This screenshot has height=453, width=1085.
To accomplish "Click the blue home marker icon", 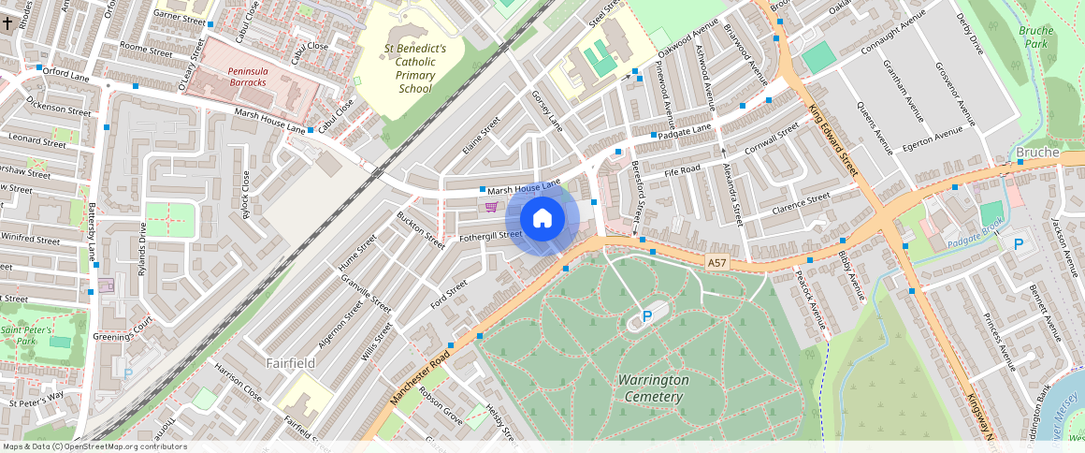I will click(x=542, y=218).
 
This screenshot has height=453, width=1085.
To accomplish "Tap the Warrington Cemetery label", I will click(x=654, y=388).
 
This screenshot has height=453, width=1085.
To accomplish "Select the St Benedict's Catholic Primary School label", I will click(x=415, y=68).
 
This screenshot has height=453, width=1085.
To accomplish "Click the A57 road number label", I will click(x=717, y=263).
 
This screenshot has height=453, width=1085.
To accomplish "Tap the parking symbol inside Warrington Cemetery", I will click(x=646, y=317).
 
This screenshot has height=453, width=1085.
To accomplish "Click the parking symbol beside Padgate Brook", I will click(x=1019, y=244).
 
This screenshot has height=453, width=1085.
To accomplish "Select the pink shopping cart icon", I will click(x=491, y=206).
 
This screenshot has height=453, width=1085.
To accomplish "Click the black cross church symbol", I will click(x=8, y=20).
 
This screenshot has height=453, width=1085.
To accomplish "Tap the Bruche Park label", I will click(x=1035, y=37).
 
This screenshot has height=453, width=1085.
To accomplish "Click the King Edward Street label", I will click(x=832, y=140).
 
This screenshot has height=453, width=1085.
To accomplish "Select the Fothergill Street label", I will click(x=490, y=235).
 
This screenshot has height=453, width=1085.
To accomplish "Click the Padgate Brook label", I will click(x=975, y=242).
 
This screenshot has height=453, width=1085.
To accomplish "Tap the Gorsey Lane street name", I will click(x=547, y=110).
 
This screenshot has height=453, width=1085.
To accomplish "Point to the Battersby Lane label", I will click(x=92, y=239).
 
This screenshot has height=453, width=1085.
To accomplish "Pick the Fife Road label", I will click(x=682, y=170).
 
